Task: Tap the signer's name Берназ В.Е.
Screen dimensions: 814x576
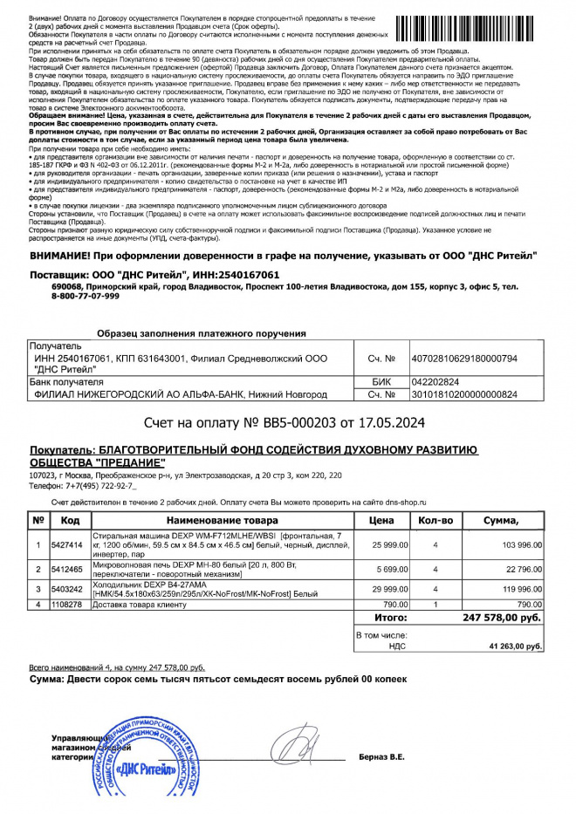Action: tap(381, 756)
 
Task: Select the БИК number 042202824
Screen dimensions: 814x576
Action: tap(438, 381)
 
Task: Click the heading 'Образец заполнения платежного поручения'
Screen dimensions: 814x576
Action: tap(200, 333)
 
